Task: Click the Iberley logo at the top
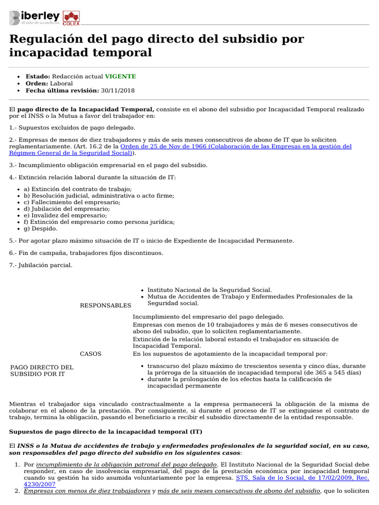(x=35, y=18)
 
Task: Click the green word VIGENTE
(x=120, y=76)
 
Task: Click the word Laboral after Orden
(x=61, y=84)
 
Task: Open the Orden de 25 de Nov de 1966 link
(x=236, y=146)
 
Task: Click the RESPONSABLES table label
(x=106, y=305)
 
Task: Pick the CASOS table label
(x=91, y=354)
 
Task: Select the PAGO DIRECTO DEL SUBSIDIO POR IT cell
(x=41, y=371)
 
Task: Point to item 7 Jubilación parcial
(x=40, y=265)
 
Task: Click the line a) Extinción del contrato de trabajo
(x=77, y=189)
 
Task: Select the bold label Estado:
(x=38, y=76)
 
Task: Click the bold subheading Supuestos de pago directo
(x=106, y=432)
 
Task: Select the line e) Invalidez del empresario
(x=65, y=216)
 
